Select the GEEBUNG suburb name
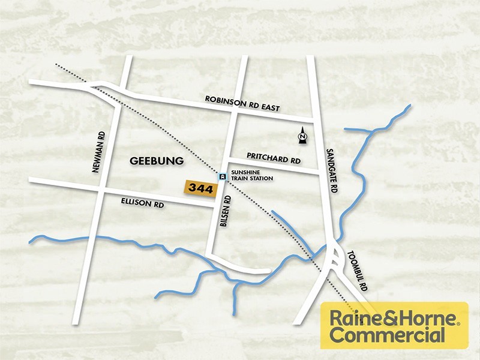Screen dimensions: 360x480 (x=157, y=161)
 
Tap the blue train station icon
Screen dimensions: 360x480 (x=223, y=176)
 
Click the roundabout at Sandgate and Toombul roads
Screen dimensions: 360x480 (x=333, y=260)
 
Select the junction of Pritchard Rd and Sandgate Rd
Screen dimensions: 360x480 (x=321, y=173)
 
